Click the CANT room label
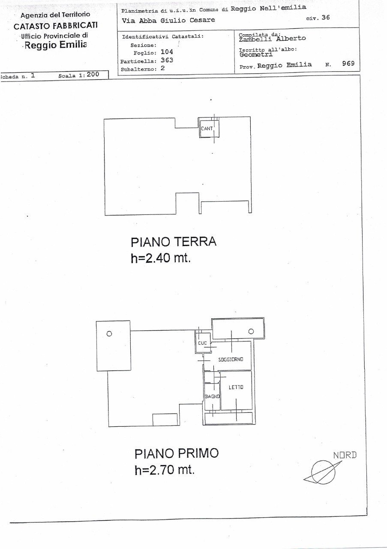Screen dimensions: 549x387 click(x=207, y=128)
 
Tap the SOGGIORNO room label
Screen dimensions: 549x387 click(x=231, y=359)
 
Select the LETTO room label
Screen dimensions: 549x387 click(x=236, y=387)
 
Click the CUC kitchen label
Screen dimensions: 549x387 click(x=203, y=343)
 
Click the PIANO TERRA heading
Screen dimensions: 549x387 click(x=174, y=242)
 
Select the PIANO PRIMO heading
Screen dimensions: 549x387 click(x=177, y=453)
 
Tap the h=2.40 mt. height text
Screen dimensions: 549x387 click(x=160, y=259)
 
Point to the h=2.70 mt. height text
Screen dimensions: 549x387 click(x=165, y=470)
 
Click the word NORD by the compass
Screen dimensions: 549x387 click(x=345, y=455)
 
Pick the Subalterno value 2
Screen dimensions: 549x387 click(x=162, y=68)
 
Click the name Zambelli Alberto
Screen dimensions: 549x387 click(x=272, y=38)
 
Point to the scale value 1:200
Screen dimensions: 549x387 click(x=89, y=74)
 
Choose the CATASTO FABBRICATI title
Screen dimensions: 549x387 click(x=56, y=25)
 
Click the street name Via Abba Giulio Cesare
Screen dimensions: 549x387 click(x=168, y=20)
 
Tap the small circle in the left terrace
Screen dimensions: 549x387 click(x=109, y=334)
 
